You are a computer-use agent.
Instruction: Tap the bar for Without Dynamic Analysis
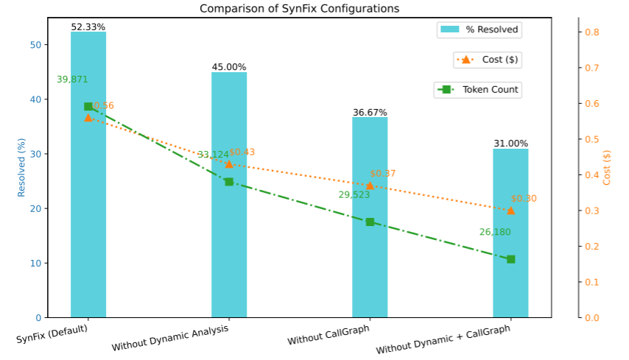pos(229,243)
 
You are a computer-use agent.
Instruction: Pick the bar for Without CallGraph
pos(370,258)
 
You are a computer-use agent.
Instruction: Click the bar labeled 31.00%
pos(510,280)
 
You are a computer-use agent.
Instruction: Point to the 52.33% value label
pos(88,27)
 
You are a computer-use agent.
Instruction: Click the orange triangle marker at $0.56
pos(88,118)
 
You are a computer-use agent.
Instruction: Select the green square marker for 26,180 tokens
pos(510,259)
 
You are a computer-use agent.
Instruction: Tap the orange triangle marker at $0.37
pos(370,186)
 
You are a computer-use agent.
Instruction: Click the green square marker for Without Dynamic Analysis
pos(229,182)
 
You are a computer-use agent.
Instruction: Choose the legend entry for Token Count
pos(479,90)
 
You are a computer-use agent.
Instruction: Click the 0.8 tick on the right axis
pos(592,32)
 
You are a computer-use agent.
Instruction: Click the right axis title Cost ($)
pos(608,167)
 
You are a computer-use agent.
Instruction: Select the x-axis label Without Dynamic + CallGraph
pos(442,339)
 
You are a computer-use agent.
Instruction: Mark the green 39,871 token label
pos(73,80)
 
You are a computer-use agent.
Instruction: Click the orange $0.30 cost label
pos(524,199)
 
